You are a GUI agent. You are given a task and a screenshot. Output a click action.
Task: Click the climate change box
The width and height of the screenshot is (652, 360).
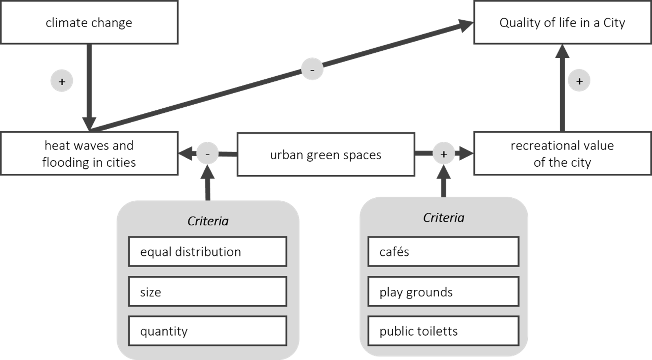[89, 22]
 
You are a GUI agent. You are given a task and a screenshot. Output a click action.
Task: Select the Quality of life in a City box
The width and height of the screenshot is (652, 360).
[562, 22]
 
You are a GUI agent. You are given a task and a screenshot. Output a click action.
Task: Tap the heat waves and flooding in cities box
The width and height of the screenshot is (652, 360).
[89, 154]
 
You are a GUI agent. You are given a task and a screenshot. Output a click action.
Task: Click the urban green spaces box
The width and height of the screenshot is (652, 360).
[325, 155]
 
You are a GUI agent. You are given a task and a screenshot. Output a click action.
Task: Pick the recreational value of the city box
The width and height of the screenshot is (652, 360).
[562, 154]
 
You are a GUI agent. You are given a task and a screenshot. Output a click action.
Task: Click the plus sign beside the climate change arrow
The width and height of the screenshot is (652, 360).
[62, 81]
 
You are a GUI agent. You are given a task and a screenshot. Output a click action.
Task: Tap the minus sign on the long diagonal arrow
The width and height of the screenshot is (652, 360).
[312, 69]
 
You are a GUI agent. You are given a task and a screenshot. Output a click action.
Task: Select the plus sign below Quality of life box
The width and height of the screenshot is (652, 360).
[579, 81]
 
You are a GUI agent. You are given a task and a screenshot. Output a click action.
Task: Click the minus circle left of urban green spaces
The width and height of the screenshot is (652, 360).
[208, 154]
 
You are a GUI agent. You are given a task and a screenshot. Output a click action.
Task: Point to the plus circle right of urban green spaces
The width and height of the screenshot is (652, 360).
[444, 154]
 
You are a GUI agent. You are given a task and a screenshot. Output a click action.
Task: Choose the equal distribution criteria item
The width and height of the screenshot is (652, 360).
[208, 252]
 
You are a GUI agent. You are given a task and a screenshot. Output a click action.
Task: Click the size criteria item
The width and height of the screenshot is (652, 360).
[208, 292]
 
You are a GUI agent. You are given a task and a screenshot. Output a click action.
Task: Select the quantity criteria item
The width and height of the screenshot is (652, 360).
[208, 331]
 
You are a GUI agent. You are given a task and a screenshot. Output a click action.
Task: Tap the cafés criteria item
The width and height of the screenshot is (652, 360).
[443, 252]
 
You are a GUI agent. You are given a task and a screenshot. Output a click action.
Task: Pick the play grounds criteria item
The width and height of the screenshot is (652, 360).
[443, 292]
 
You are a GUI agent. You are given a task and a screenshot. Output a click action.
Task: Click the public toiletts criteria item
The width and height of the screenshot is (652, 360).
[443, 331]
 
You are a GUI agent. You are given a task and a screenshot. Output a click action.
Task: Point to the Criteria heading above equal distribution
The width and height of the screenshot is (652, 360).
[208, 221]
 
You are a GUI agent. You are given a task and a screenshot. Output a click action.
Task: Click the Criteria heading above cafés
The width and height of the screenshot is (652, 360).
[443, 218]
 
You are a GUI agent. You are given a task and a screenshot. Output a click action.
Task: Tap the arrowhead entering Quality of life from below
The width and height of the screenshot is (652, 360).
[562, 51]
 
